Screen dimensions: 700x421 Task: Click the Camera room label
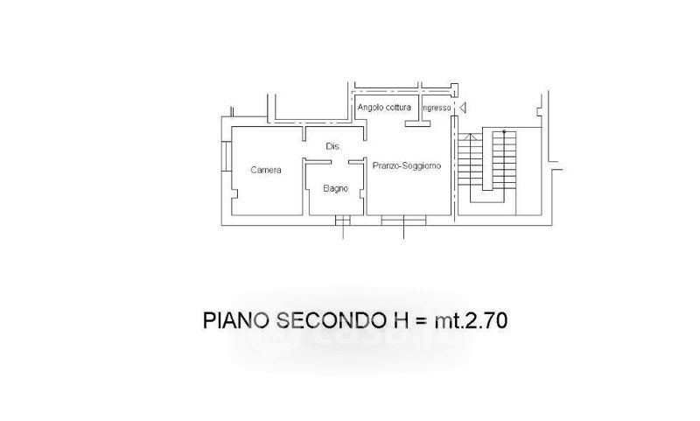click(x=266, y=170)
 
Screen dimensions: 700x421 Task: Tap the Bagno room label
click(x=336, y=189)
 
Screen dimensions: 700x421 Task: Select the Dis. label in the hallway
click(x=332, y=146)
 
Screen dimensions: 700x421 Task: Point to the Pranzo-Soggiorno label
click(x=407, y=165)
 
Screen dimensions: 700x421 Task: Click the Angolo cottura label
click(x=384, y=108)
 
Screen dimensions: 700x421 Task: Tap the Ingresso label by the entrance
click(x=437, y=108)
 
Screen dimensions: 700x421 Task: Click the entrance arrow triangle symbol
click(x=463, y=108)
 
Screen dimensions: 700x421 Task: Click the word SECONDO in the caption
click(x=332, y=320)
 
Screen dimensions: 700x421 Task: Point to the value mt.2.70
click(x=471, y=320)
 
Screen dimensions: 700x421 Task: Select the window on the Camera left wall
click(x=227, y=156)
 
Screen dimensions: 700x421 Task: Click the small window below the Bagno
click(x=343, y=220)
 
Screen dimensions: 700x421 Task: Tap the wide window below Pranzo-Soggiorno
click(x=403, y=220)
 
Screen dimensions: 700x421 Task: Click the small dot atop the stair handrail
click(x=504, y=131)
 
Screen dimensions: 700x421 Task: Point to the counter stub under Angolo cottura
click(x=418, y=123)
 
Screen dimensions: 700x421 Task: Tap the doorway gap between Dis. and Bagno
click(x=339, y=162)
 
